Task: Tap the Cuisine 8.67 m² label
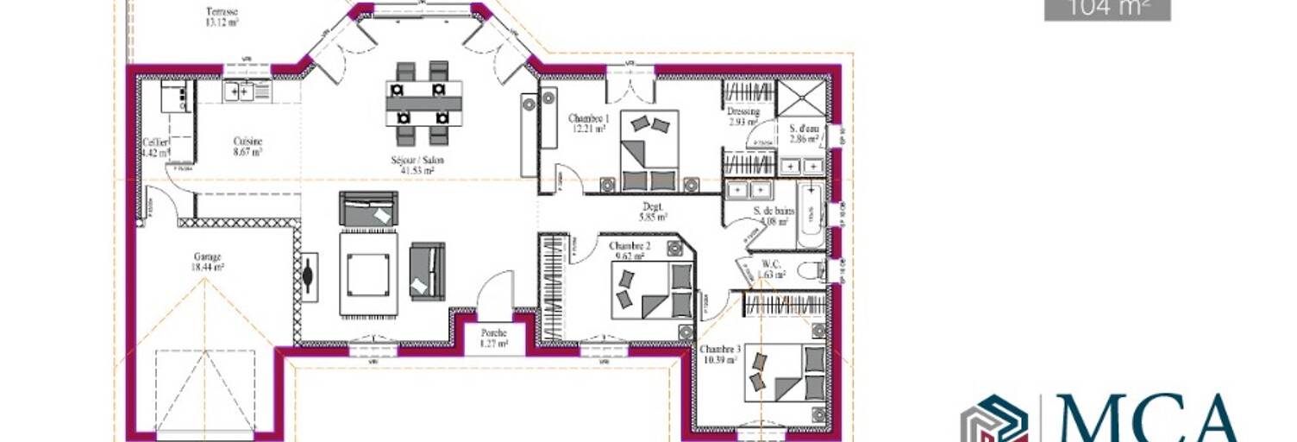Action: [x=247, y=146]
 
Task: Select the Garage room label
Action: [x=207, y=262]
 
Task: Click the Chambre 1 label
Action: [x=588, y=123]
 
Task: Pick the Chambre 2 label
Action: [x=630, y=250]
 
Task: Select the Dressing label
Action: [x=742, y=117]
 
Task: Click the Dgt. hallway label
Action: [x=653, y=212]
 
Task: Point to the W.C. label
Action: [x=771, y=269]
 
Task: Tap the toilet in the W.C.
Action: [x=810, y=270]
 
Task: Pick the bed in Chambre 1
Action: [x=648, y=150]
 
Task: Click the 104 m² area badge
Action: [x=1107, y=9]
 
